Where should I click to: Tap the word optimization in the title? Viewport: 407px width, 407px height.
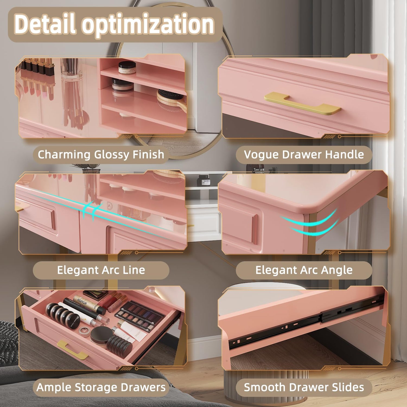point(148,25)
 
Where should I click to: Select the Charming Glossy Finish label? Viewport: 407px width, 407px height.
point(101,155)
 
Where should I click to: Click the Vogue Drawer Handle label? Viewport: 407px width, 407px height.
point(304,154)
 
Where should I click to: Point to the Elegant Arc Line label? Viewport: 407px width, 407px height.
point(101,270)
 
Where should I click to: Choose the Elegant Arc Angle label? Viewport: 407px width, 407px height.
point(304,270)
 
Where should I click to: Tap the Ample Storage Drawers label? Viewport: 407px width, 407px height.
point(101,387)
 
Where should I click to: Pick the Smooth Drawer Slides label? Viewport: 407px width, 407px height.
point(304,387)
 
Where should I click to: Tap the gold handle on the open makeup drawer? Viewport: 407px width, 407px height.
point(72,350)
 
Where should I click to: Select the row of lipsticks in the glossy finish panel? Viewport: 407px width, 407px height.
point(37,76)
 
